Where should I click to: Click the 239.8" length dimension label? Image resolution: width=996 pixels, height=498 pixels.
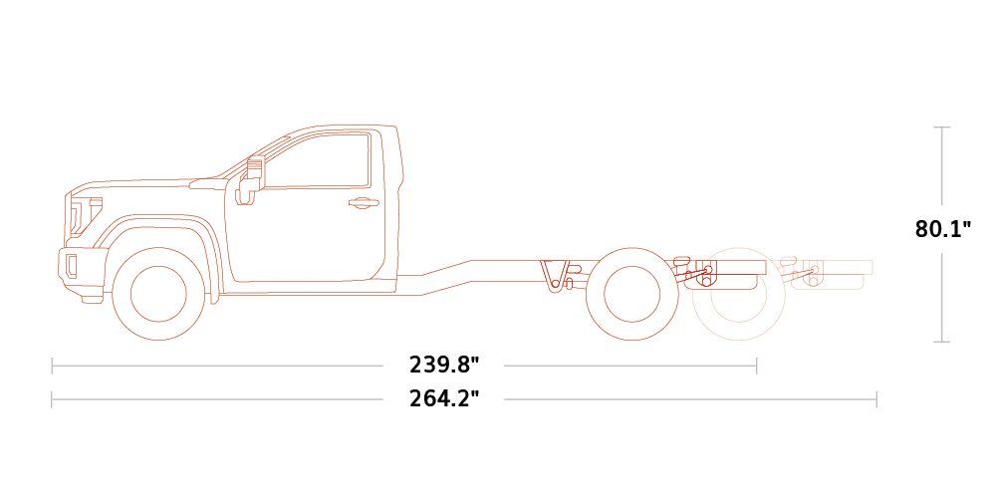[444, 366]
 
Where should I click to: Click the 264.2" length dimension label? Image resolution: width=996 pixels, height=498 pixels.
[444, 399]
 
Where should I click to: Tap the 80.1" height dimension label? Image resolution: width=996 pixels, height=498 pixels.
[943, 228]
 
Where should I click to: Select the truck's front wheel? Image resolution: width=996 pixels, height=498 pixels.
[158, 294]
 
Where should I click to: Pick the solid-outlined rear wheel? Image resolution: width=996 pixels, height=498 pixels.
[632, 294]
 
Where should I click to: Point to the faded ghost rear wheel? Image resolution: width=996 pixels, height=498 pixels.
[739, 294]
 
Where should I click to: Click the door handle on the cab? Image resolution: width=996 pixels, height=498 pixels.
[364, 203]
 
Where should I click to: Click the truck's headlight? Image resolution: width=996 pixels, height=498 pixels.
[85, 215]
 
